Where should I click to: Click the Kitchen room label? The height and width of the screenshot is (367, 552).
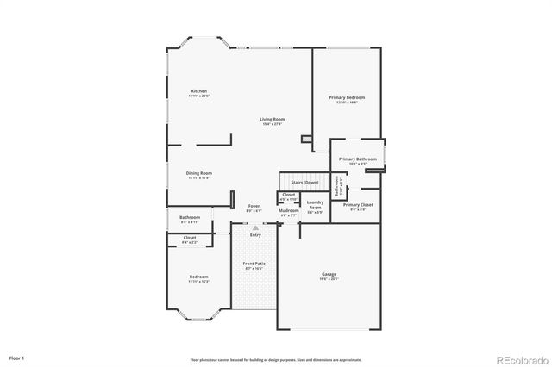click(199, 92)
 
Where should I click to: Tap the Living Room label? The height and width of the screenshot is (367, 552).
click(273, 121)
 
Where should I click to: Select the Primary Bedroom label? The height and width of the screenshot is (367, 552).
click(342, 99)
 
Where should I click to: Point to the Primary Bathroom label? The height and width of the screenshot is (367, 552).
click(356, 160)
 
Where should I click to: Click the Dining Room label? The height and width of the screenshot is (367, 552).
click(198, 174)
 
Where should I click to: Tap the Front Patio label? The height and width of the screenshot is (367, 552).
click(253, 264)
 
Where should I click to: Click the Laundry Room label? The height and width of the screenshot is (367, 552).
click(316, 205)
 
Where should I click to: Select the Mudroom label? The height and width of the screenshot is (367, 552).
click(288, 211)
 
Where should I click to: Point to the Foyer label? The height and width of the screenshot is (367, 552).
click(254, 207)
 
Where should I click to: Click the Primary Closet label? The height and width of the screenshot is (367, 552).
click(358, 206)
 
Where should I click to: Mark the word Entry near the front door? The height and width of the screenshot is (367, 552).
click(255, 234)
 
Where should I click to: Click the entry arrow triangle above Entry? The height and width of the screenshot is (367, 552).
click(254, 227)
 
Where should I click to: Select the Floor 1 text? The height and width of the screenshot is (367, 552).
click(17, 357)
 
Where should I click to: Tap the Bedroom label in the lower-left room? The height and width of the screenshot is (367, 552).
click(198, 277)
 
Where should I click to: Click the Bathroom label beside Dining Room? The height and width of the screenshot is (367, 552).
click(190, 218)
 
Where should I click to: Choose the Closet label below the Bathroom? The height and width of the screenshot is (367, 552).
click(190, 239)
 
